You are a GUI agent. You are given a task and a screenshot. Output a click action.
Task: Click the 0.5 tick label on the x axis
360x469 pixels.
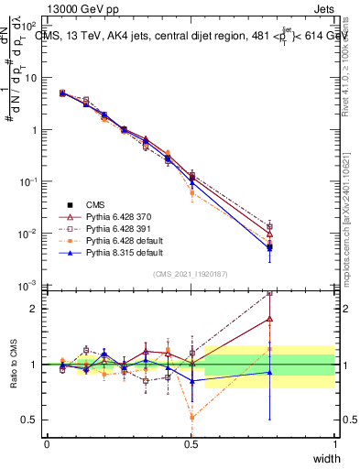[191, 443]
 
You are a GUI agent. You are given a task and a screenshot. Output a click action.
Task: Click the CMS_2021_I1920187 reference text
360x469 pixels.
[190, 274]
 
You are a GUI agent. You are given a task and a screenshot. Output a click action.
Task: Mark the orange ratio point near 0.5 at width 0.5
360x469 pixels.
[191, 417]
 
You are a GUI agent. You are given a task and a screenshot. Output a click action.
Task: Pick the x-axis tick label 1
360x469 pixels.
[335, 443]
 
